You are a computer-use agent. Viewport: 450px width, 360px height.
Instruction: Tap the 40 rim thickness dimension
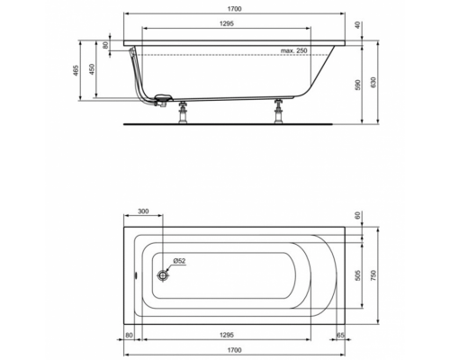[x=357, y=25]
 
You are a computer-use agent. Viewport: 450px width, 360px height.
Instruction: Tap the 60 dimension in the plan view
[x=357, y=217]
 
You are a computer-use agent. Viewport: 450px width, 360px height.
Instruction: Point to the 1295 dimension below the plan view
[x=233, y=336]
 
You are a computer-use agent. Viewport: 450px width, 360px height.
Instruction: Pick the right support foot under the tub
[x=279, y=112]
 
